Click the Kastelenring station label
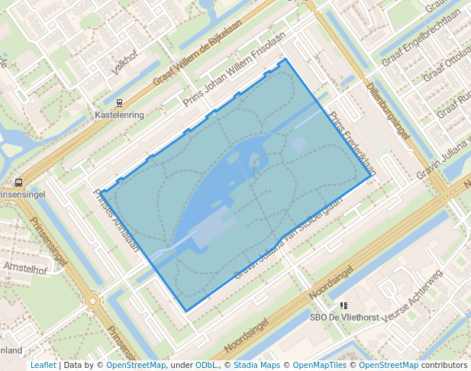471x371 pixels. pos(119,115)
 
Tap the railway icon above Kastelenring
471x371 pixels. pos(119,102)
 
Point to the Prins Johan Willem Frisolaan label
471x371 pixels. pos(234,69)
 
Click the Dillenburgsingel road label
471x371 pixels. pos(388,111)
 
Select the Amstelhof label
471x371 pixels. pos(25,269)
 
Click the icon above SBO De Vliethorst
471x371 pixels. pos(344,305)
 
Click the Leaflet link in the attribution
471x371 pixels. pos(44,365)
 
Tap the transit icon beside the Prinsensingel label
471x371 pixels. pos(17,182)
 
